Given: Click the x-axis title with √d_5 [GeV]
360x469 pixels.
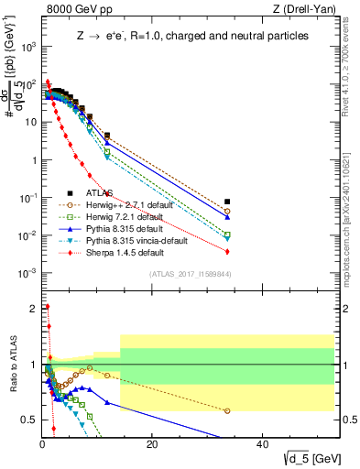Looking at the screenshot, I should (x=303, y=458).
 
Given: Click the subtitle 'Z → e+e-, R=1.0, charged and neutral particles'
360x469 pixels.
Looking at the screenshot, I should (x=191, y=36).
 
